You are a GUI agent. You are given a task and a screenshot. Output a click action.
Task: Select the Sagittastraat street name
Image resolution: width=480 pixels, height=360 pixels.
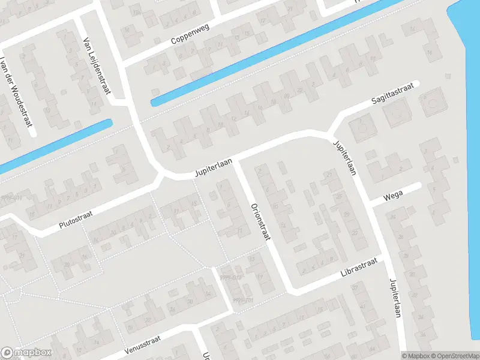click(392, 97)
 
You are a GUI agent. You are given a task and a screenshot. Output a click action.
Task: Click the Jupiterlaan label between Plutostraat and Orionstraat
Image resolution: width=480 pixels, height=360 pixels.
click(213, 167)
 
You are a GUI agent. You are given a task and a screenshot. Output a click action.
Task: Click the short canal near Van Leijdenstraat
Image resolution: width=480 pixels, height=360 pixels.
click(60, 144)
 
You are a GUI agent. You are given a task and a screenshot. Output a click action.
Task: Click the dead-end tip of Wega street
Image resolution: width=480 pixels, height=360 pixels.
click(418, 186)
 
